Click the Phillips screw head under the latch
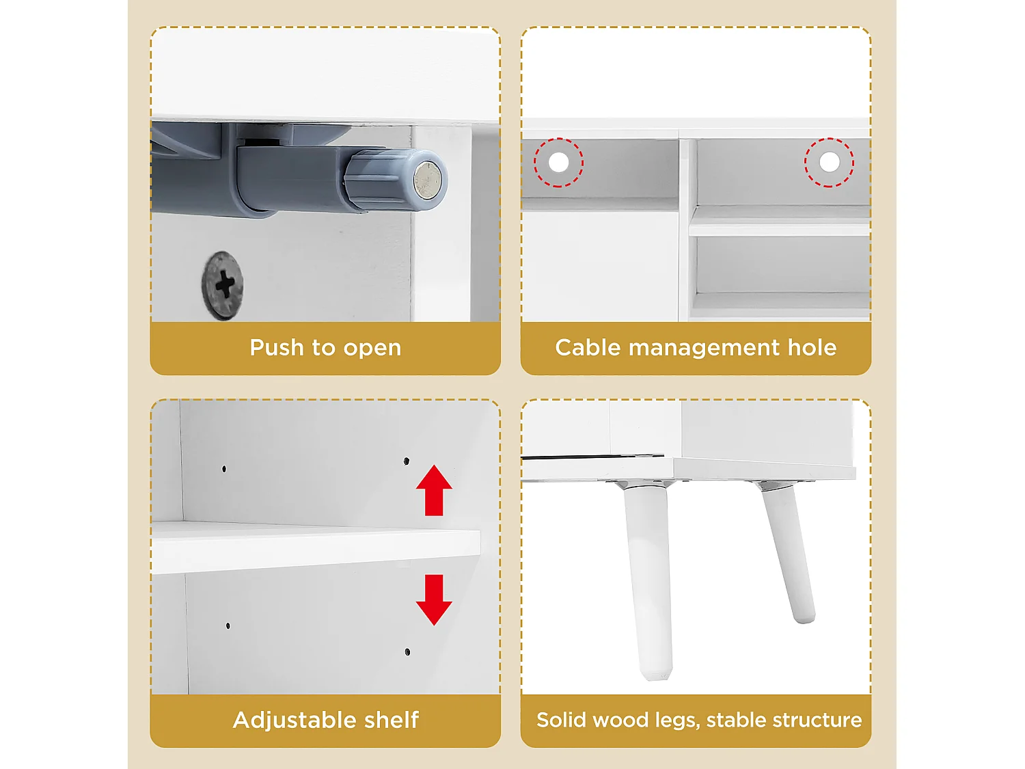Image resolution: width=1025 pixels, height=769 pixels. (223, 285)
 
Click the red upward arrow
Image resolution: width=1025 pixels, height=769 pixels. (434, 490)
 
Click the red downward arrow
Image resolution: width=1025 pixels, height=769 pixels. (434, 600)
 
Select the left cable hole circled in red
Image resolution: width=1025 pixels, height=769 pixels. (558, 163)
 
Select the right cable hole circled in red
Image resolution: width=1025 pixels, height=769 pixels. (830, 162)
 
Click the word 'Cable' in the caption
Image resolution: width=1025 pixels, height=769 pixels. (588, 347)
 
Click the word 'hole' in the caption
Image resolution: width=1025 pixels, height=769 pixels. (812, 347)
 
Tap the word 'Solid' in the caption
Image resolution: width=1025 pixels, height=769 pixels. (558, 720)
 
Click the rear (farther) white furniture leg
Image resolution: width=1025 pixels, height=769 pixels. (787, 553)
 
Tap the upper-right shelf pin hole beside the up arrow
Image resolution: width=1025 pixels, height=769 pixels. (407, 461)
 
